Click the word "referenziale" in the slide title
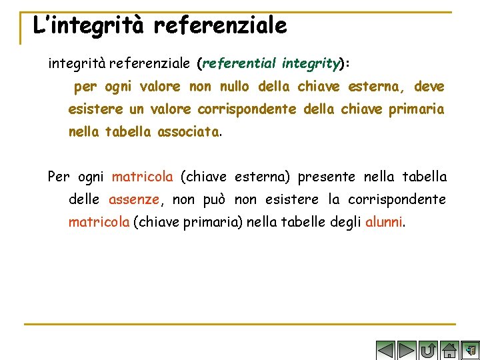[x=220, y=26]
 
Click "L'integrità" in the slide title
[x=90, y=26]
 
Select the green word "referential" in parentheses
[x=239, y=64]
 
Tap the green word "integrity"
[x=309, y=64]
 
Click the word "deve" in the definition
[x=429, y=87]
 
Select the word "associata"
[x=188, y=132]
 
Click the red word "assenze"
[x=134, y=199]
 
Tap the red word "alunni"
[x=384, y=222]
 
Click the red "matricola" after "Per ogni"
[x=142, y=177]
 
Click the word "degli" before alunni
[x=345, y=222]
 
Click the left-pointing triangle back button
[x=385, y=349]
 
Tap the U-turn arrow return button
[x=429, y=349]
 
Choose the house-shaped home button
[x=450, y=349]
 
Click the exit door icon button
[x=471, y=349]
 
